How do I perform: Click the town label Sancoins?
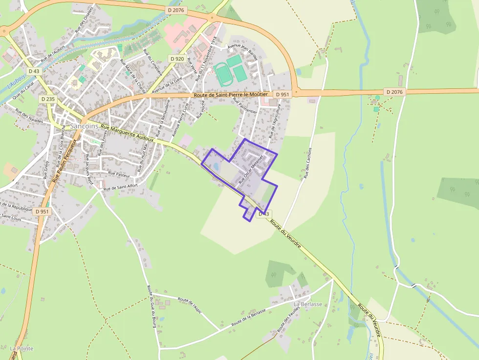tap(85, 126)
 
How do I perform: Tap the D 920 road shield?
tap(176, 59)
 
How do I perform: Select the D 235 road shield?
tap(47, 99)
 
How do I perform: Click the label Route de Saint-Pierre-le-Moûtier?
tap(231, 95)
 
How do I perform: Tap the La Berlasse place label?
tap(308, 304)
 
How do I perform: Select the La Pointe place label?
tap(21, 348)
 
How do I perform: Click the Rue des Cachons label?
tap(308, 163)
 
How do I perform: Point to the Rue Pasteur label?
tap(119, 173)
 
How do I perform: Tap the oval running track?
tap(224, 73)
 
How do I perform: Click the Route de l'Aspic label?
tap(190, 305)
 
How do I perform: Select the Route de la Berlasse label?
tap(249, 317)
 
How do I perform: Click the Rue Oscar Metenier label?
tap(251, 169)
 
